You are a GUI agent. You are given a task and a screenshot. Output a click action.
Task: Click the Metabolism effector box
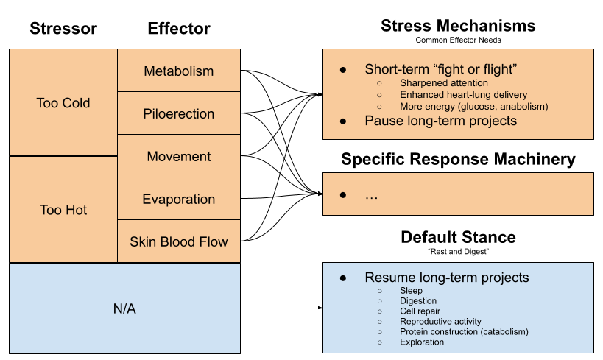179,71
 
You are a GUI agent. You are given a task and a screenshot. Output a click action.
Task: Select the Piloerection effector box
179,114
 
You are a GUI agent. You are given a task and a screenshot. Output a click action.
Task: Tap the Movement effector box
179,157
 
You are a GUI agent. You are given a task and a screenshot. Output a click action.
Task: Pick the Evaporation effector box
179,200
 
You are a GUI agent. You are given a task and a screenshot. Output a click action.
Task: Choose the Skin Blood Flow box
179,241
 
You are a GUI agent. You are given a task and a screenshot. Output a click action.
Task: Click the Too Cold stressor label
63,103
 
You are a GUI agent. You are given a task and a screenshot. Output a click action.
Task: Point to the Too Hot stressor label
63,210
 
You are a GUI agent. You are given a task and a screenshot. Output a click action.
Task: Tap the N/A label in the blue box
124,308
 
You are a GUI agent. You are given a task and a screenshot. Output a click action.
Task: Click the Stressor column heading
63,29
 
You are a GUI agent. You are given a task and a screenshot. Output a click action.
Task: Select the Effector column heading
179,29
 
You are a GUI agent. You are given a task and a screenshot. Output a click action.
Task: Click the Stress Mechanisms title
458,26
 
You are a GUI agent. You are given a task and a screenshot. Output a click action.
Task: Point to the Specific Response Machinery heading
458,159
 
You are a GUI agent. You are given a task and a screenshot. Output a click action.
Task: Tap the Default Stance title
458,237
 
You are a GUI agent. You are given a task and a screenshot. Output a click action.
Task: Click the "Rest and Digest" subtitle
458,252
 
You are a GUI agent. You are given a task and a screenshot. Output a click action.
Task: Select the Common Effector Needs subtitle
458,40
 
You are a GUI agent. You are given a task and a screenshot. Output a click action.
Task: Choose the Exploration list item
422,342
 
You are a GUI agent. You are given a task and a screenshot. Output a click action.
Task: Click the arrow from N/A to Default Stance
280,308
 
